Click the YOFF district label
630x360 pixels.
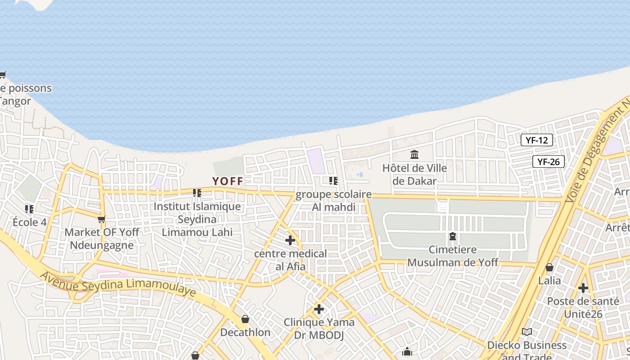[228, 181]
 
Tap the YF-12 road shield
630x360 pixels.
[536, 140]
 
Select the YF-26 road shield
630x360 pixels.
[548, 162]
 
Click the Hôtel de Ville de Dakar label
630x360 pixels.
[414, 175]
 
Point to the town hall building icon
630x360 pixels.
[414, 155]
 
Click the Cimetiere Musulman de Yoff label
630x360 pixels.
[453, 256]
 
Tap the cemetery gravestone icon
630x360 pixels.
[453, 236]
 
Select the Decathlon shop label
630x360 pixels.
[245, 333]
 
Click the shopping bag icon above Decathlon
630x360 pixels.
[245, 319]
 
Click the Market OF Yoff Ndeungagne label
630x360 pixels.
[102, 238]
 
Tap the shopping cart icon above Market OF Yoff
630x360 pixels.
[102, 220]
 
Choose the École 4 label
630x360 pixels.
[30, 222]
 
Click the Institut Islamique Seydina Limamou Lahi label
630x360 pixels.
[197, 220]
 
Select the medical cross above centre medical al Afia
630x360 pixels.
[290, 240]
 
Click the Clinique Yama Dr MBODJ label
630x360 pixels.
[319, 328]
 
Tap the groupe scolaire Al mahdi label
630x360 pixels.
[333, 201]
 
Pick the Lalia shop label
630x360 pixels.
[549, 281]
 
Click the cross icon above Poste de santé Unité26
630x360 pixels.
[583, 288]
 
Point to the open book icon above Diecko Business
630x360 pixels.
[527, 332]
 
